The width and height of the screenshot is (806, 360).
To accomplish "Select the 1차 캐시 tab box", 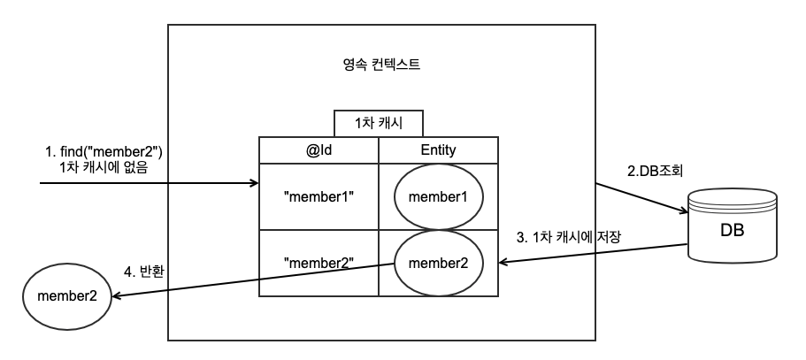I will click(379, 123).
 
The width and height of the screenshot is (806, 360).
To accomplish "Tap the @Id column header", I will click(318, 150).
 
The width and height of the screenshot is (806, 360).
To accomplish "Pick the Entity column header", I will click(438, 150).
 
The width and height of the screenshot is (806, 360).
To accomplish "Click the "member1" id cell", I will click(318, 195).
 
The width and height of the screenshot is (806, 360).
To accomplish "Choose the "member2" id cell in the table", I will click(318, 263).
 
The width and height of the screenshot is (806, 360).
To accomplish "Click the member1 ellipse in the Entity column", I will click(439, 196).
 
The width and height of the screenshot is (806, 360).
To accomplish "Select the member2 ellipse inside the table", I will click(439, 263).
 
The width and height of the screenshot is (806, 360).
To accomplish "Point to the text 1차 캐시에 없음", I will click(104, 166).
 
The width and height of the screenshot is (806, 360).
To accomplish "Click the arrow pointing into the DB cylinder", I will click(641, 199).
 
